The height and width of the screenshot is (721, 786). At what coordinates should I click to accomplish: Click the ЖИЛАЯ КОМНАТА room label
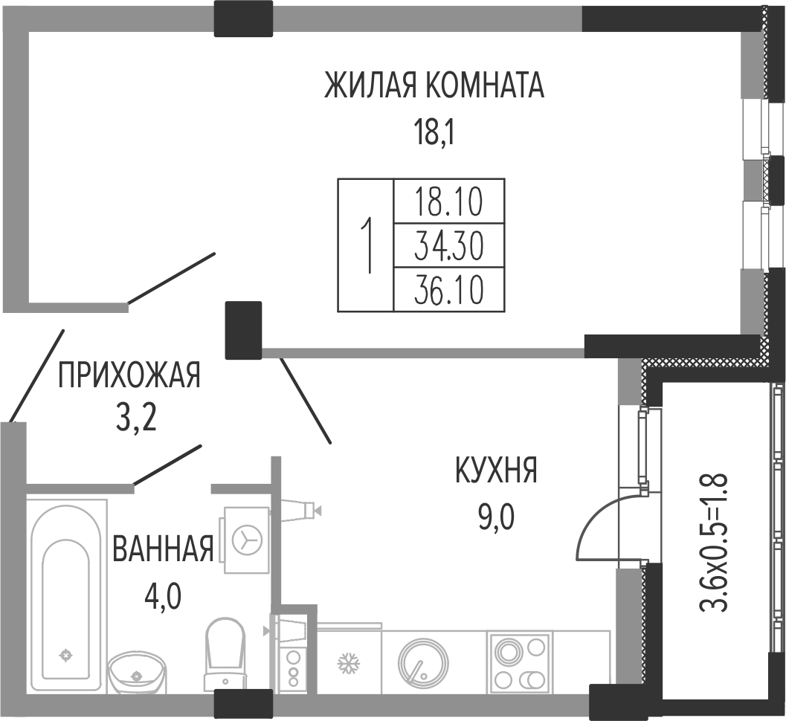click(x=434, y=85)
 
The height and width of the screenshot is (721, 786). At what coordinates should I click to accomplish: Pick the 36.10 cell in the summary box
click(x=448, y=290)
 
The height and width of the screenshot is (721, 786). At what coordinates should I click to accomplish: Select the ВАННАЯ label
click(x=164, y=548)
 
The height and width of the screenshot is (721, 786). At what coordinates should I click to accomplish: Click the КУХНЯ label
click(x=496, y=470)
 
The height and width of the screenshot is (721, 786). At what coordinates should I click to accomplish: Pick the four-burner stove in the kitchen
click(x=520, y=662)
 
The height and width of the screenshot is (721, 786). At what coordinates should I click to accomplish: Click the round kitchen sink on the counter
click(x=422, y=662)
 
